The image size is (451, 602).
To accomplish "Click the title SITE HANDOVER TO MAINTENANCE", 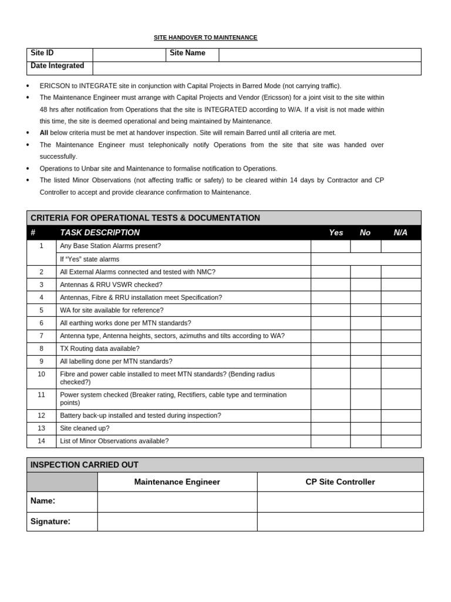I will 206,38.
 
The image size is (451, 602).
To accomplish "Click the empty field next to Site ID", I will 129,55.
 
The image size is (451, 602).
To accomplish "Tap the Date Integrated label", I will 57,66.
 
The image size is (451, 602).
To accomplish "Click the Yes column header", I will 336,233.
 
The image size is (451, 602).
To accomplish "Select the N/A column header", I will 400,233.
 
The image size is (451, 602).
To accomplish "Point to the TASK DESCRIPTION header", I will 100,233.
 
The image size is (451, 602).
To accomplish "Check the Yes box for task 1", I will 330,246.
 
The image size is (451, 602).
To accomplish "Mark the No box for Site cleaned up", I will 365,429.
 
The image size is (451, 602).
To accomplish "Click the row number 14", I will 41,441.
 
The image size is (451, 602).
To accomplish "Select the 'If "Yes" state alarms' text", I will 89,259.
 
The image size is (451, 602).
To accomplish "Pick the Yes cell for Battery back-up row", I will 330,416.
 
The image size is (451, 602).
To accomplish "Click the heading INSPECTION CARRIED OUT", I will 85,465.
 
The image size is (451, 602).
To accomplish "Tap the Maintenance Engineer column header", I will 177,482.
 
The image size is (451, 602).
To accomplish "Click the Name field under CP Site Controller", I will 340,501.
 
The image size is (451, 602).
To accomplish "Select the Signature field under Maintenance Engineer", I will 177,521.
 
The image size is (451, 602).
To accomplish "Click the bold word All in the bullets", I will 44,133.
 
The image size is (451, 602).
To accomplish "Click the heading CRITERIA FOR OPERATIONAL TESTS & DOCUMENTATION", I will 145,218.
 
